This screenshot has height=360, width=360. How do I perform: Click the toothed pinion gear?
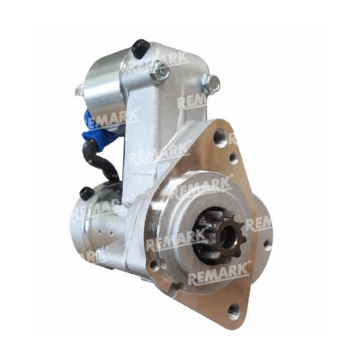click(220, 237)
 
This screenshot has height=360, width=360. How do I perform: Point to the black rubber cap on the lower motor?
click(86, 193)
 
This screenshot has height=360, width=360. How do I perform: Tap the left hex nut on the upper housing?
click(159, 71)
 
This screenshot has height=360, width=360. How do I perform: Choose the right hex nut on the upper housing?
click(211, 84)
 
